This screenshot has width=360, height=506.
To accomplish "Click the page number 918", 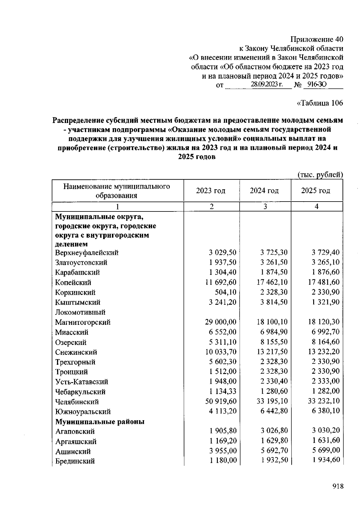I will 338,486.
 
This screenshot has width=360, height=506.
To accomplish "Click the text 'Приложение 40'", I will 316,39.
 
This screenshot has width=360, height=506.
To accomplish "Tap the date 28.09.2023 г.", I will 267,85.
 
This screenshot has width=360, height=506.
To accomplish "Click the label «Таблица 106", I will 319,103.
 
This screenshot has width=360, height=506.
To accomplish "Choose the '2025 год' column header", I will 316,191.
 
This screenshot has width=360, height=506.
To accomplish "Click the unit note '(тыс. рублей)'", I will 320,175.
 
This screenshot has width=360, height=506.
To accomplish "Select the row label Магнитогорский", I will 83,322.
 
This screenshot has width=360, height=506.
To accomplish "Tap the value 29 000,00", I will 221,322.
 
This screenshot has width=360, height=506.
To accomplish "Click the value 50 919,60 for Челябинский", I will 221,401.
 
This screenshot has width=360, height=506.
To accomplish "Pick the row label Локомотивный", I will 80,312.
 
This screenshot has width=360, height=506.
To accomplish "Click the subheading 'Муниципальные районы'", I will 100,422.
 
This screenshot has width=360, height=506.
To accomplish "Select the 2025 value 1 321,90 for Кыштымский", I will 325,302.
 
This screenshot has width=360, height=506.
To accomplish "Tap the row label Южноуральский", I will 83,412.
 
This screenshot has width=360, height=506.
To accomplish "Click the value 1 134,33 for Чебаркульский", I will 223,391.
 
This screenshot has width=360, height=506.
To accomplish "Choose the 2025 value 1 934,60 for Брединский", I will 326,460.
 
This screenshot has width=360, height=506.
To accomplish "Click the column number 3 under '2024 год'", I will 265,207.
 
